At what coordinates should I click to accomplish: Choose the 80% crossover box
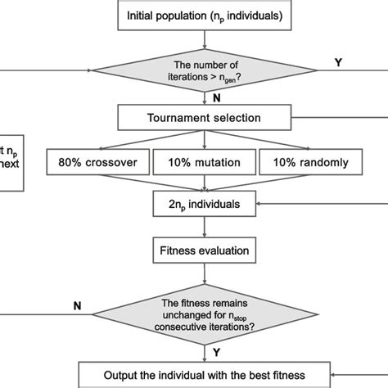pos(97,162)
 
